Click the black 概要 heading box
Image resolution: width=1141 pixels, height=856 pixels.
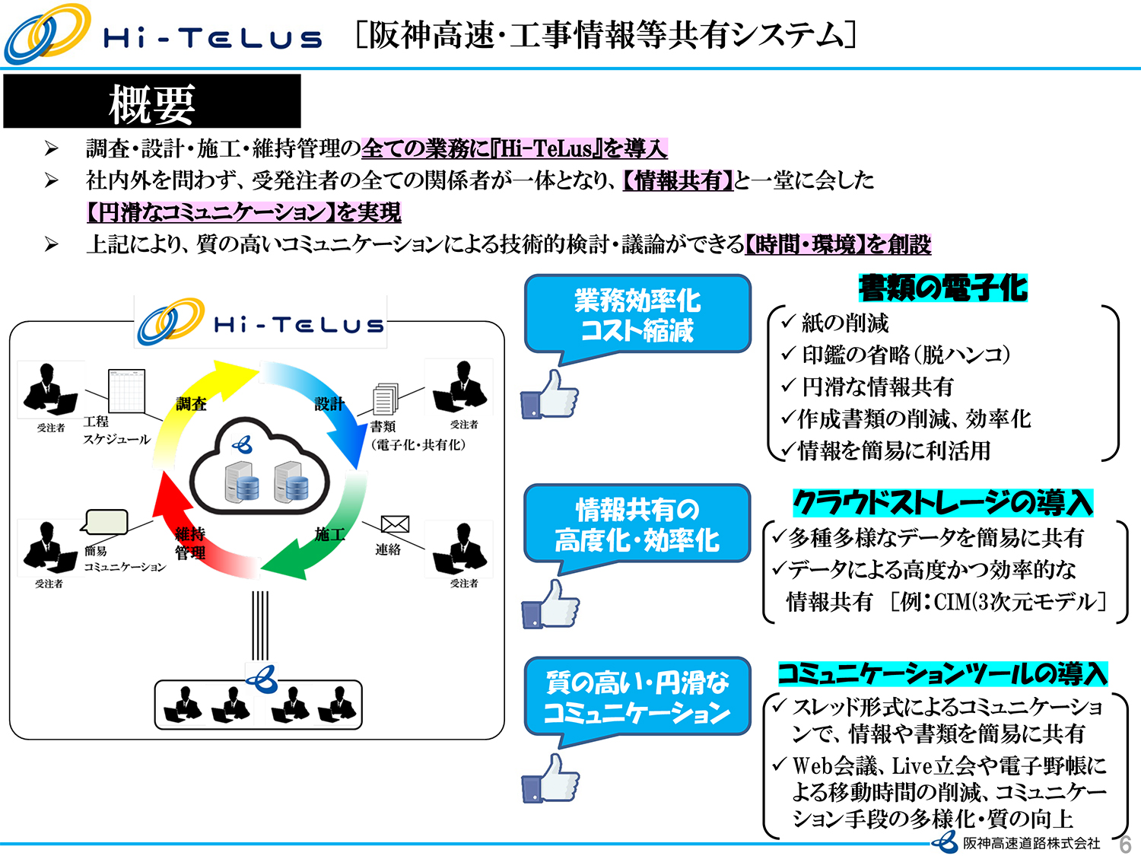152,101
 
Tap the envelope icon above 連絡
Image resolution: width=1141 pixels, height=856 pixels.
395,524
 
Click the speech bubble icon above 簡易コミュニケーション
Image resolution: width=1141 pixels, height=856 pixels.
106,522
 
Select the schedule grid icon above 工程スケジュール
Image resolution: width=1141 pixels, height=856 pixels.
126,390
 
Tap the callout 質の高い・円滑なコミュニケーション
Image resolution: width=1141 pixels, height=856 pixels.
637,697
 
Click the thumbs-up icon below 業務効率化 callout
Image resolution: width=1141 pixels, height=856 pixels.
549,396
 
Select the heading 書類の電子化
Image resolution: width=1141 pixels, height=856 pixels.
942,288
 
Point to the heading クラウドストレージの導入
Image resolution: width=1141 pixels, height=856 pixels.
942,503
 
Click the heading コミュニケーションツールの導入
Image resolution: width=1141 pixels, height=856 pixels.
942,673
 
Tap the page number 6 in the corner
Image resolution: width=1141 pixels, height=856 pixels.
1125,844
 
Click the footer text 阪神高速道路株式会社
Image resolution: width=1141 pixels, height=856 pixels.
1031,843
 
